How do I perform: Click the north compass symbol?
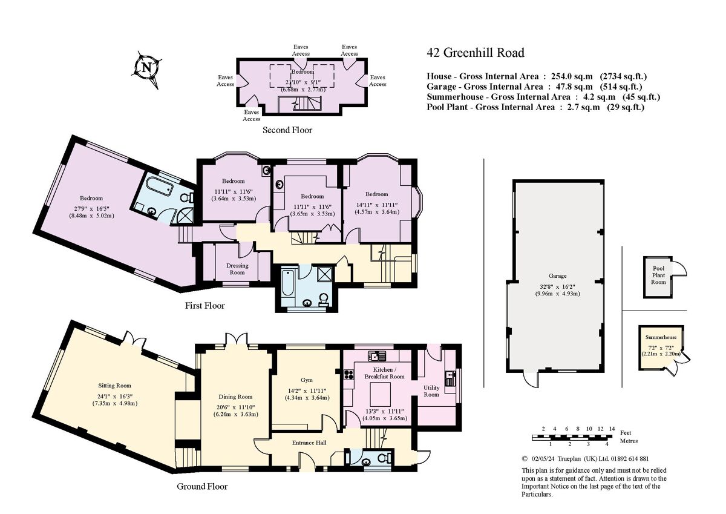(x=146, y=67)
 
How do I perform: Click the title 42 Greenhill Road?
(x=475, y=53)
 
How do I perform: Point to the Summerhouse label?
(x=661, y=337)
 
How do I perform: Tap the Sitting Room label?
(x=114, y=386)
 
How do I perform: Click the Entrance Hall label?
(x=309, y=443)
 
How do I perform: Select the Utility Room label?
(x=431, y=390)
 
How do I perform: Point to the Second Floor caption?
(x=287, y=130)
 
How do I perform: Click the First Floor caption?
(x=204, y=306)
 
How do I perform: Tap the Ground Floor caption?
(x=202, y=486)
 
